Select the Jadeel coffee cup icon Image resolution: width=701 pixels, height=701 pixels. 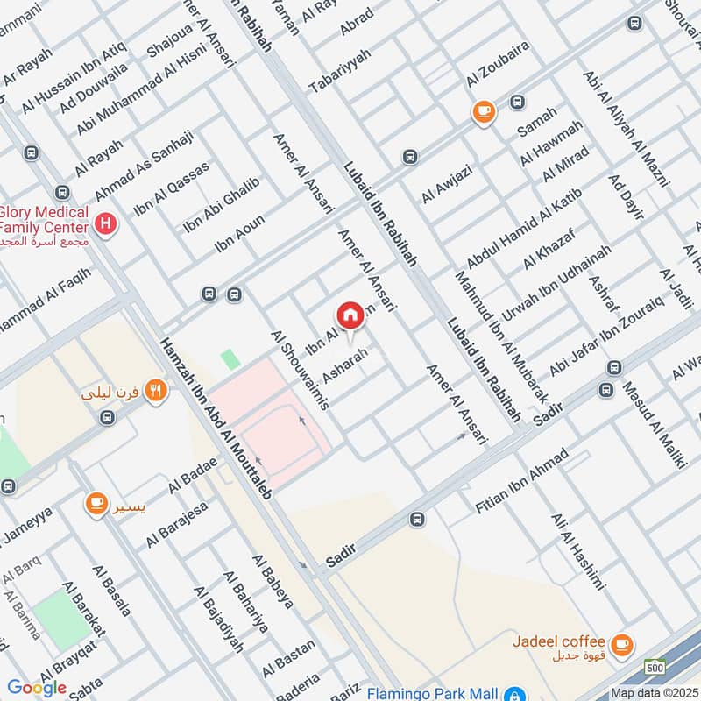tap(621, 645)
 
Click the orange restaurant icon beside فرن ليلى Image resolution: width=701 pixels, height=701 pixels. tap(155, 390)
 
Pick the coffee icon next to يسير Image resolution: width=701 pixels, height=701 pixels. tap(96, 504)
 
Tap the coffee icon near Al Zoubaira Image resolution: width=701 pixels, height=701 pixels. tap(483, 111)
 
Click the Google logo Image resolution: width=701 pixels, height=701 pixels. tap(37, 688)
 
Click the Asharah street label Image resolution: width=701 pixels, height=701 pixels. tap(341, 365)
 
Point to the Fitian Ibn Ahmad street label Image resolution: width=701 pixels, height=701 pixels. tap(520, 482)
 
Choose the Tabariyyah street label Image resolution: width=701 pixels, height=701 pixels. tap(340, 71)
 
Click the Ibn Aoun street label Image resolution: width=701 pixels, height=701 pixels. tap(239, 236)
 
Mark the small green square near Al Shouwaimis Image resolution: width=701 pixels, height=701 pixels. tap(230, 358)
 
